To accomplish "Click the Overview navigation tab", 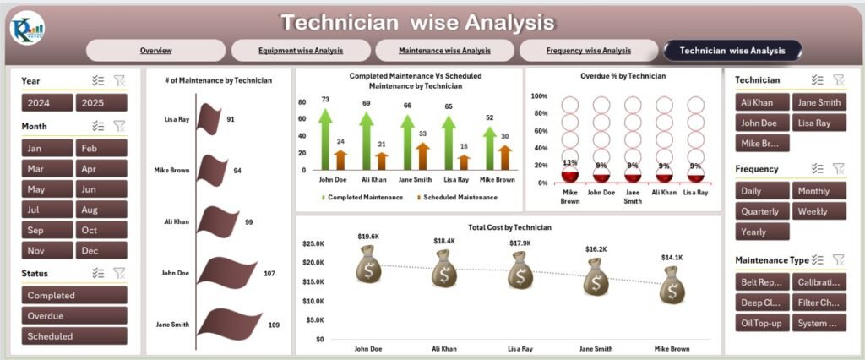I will tap(156, 51).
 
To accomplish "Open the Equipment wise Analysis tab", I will tap(301, 51).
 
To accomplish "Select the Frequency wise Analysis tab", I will tap(588, 51).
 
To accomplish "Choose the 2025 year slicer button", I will tap(101, 103).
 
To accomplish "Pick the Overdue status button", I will tap(74, 316).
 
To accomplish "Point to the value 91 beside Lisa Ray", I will tap(231, 119).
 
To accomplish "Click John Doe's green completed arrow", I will tap(325, 139).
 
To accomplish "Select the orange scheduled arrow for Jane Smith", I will tap(422, 156).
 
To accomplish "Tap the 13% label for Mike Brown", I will tap(570, 163).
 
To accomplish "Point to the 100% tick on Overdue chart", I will tap(539, 96).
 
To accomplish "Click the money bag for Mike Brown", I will tap(672, 285).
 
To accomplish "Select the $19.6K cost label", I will tap(369, 237).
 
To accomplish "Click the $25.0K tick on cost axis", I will tap(313, 243).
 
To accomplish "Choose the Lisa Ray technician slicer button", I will tap(818, 123).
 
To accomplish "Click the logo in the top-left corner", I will tap(27, 28).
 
